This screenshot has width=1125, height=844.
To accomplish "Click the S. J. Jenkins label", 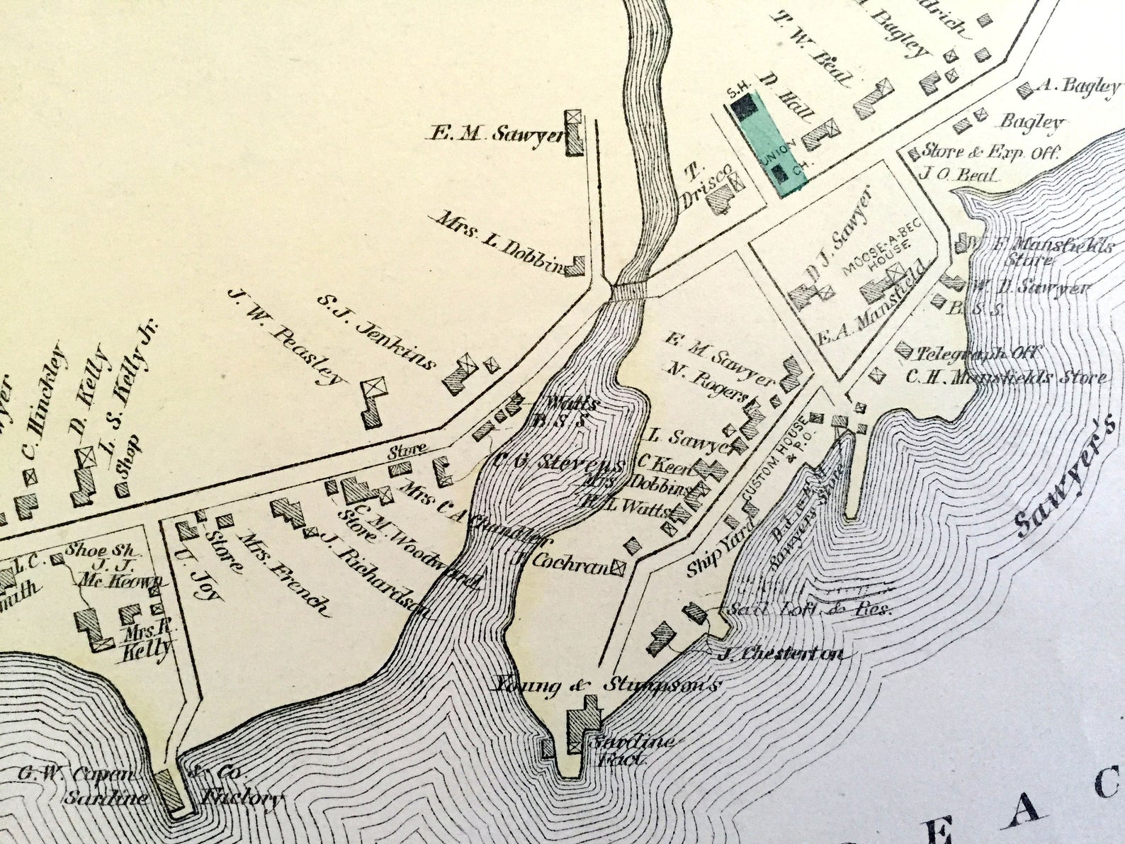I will click(376, 332).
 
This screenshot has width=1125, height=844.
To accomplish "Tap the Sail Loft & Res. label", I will click(808, 608).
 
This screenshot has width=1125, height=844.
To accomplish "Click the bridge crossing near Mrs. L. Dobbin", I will click(629, 291).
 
